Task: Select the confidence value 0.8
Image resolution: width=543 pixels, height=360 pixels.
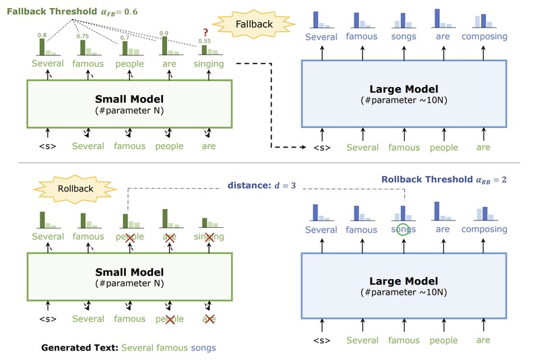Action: (42, 35)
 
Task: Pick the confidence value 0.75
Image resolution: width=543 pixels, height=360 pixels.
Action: (84, 38)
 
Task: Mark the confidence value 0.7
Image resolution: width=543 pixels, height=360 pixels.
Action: (125, 38)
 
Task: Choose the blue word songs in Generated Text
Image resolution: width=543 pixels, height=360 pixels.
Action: (203, 349)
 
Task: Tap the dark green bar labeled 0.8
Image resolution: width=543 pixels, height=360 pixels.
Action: (42, 47)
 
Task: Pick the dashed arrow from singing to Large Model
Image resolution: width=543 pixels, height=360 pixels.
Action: (269, 101)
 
